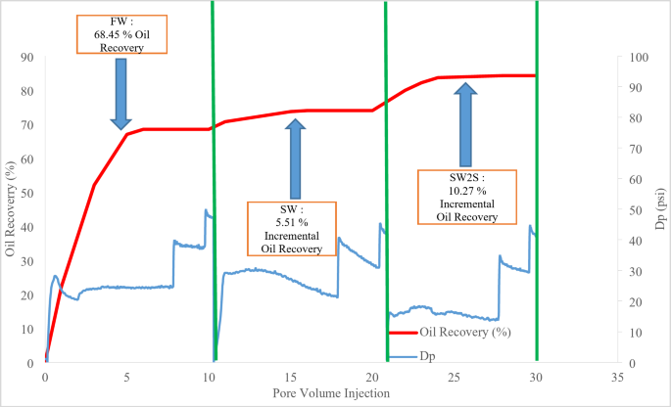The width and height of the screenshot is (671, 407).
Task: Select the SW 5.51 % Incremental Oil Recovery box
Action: (x=292, y=230)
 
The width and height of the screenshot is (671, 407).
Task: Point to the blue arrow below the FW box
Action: (x=121, y=93)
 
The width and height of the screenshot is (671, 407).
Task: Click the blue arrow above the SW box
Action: (x=295, y=158)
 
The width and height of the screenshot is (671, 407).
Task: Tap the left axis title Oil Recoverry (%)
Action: (x=11, y=208)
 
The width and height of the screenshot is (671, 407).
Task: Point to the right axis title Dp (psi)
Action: (x=659, y=208)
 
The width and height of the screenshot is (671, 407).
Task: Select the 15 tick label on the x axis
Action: (x=291, y=375)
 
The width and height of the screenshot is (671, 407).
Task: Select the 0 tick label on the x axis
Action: (x=45, y=375)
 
